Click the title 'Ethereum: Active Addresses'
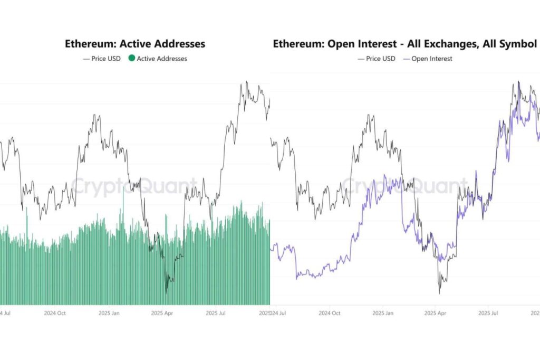[135, 44]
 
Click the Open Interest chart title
[404, 44]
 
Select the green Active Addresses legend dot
[131, 59]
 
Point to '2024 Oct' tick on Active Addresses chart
[55, 312]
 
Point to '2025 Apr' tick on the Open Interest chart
[436, 312]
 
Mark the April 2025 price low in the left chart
[167, 292]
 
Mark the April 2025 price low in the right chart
[439, 293]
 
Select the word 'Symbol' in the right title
[516, 44]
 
